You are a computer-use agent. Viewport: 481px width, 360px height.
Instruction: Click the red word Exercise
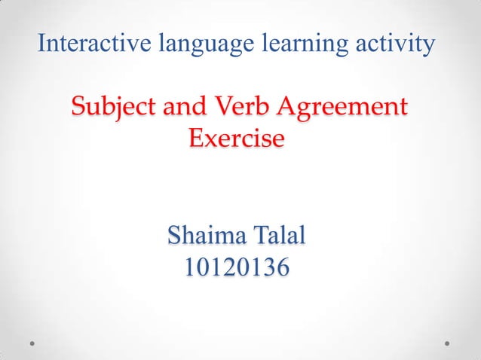[x=237, y=139]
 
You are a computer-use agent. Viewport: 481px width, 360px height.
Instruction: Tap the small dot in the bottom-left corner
[x=33, y=343]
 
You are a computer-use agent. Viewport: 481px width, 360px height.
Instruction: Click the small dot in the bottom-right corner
[x=448, y=343]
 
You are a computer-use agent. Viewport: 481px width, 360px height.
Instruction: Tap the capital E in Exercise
[x=196, y=139]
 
